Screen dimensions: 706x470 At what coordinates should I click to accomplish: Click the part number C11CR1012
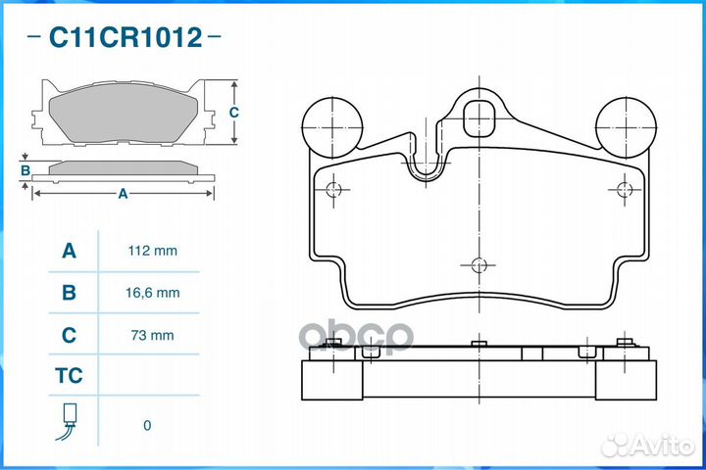pyautogui.click(x=126, y=37)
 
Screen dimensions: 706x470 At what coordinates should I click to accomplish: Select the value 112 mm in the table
pyautogui.click(x=152, y=251)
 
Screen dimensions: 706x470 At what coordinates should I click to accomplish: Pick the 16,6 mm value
pyautogui.click(x=152, y=293)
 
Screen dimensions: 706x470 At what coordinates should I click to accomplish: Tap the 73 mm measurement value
pyautogui.click(x=152, y=335)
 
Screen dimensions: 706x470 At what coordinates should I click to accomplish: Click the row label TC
pyautogui.click(x=69, y=376)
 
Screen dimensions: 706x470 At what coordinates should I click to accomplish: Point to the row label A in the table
pyautogui.click(x=69, y=251)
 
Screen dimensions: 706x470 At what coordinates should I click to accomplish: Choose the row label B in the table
pyautogui.click(x=69, y=293)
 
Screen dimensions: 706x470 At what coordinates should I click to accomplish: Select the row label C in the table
pyautogui.click(x=69, y=335)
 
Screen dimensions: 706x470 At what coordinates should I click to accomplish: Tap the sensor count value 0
pyautogui.click(x=147, y=426)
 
